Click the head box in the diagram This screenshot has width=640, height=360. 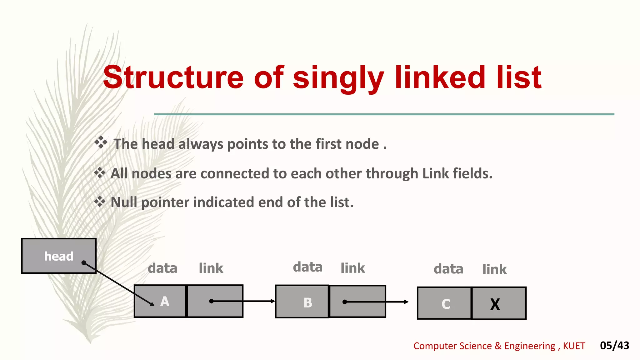coord(58,256)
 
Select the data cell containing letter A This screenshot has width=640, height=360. coord(160,301)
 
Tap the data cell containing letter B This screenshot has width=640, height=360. coord(302,302)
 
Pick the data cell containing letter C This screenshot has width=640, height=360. coord(444,303)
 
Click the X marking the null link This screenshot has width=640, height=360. coord(495,304)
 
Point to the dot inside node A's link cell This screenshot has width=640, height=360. coord(212,301)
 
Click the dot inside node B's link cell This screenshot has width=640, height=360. coord(345,302)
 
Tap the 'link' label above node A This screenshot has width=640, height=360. coord(211,268)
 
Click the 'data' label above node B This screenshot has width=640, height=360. coord(307,267)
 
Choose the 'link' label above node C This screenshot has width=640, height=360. coord(494,269)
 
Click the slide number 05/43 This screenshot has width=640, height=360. coord(614,345)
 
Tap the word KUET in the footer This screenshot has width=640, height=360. coord(574,346)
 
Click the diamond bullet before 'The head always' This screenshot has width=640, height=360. coord(101,142)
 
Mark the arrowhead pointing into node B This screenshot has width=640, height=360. coord(273,301)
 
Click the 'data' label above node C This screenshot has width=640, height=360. coord(448,269)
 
